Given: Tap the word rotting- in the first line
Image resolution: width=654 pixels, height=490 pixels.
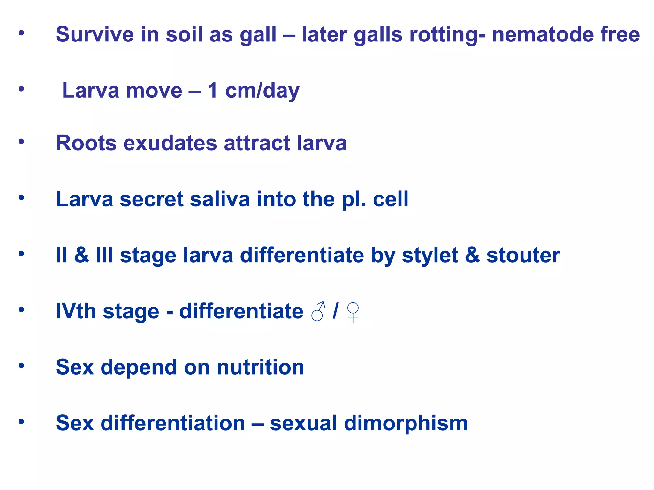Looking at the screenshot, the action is [447, 35].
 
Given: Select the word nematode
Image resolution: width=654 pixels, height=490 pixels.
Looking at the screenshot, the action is [543, 34].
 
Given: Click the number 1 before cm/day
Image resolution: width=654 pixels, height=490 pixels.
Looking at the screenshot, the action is [213, 90].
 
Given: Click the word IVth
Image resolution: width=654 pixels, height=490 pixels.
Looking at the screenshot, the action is [76, 311].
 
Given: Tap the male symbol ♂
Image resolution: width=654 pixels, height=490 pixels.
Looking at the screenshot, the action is [318, 311].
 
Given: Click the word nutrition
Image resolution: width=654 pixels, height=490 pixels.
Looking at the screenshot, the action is [261, 367].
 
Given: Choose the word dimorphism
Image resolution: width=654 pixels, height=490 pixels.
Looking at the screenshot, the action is [406, 423].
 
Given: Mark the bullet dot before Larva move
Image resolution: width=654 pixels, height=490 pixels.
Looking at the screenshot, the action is [21, 89].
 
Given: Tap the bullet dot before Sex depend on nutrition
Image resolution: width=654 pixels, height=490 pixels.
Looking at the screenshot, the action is [21, 366].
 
